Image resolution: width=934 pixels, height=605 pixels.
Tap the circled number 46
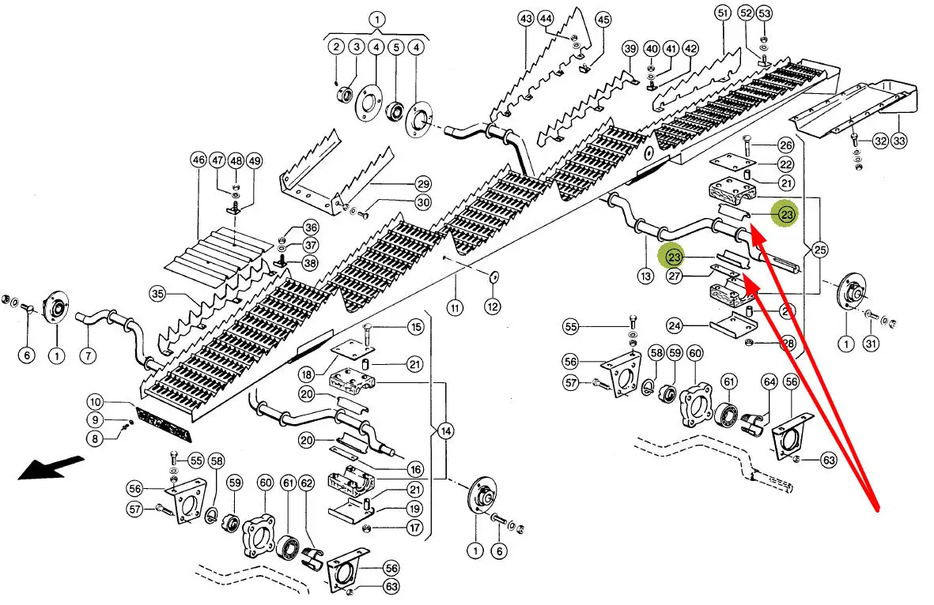pos(198,160)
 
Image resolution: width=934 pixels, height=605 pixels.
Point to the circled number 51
pos(721,13)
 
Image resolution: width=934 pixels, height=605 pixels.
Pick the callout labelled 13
pos(646,276)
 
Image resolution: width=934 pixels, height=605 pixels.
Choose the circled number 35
pos(158,295)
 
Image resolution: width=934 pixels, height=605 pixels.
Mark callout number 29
pos(422,183)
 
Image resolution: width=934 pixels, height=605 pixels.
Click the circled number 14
pos(446,431)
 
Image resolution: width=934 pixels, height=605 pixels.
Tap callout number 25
pos(820,251)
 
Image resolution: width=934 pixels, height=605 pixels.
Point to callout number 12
pos(493,306)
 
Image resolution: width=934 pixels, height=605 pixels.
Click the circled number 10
pos(95,403)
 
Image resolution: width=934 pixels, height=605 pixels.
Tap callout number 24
pos(675,325)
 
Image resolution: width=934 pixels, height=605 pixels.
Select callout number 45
pos(603,19)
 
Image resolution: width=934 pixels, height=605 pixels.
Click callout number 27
pos(675,276)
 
